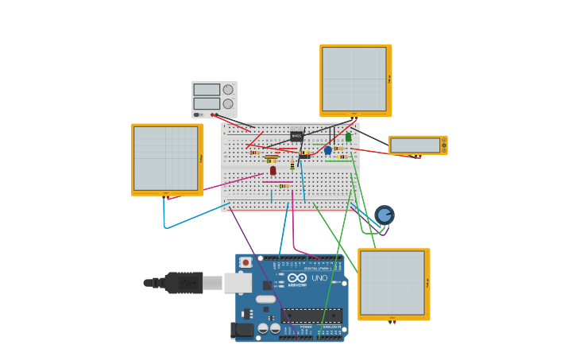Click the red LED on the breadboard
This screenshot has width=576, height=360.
click(x=273, y=170)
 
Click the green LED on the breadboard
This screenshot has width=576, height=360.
click(x=348, y=137)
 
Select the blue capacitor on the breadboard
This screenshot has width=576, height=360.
click(x=327, y=149)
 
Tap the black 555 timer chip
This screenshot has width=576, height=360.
click(x=296, y=136)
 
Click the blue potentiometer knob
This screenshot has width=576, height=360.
click(x=385, y=215)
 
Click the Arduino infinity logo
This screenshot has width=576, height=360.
click(x=297, y=278)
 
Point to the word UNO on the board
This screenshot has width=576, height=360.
click(x=319, y=278)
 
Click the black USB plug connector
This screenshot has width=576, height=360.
click(x=184, y=282)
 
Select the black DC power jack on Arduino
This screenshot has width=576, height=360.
click(x=242, y=329)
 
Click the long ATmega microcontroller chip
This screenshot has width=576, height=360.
click(x=312, y=315)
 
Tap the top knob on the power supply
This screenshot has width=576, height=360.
click(x=228, y=90)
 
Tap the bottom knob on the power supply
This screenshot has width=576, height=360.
click(x=228, y=103)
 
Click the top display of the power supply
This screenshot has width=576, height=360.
click(x=206, y=90)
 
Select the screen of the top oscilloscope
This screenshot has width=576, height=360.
click(x=354, y=79)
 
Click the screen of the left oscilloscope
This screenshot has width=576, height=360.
click(x=165, y=157)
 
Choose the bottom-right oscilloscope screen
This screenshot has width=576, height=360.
click(x=392, y=283)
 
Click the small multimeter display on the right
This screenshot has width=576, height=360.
click(x=415, y=145)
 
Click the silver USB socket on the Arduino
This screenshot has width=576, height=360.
click(x=237, y=282)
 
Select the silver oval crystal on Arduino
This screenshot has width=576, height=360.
click(x=265, y=299)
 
